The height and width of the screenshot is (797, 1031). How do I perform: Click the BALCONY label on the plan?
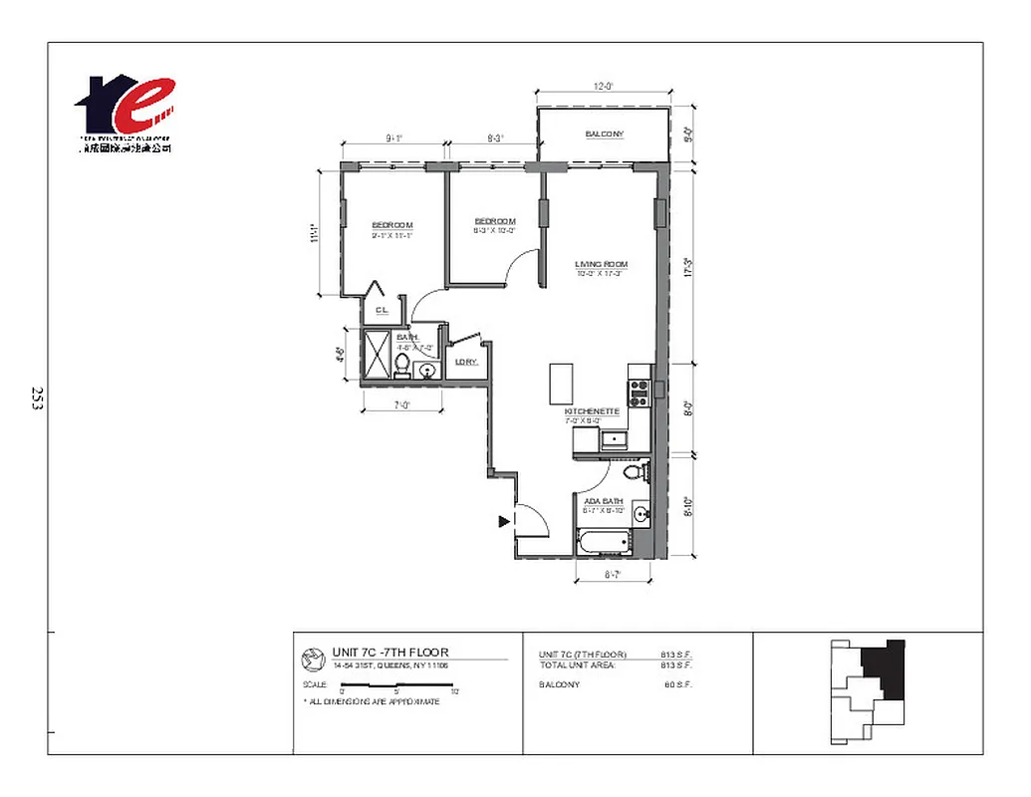coord(604,134)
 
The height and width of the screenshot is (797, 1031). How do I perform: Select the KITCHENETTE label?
coord(593,411)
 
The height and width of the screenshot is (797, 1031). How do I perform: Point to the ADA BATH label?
coord(605,502)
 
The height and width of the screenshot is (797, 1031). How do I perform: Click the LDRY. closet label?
coord(465,362)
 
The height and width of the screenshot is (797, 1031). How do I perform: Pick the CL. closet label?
coord(381,311)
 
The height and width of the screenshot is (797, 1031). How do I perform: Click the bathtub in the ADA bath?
coord(604,544)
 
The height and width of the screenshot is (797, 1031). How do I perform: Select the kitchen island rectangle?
coord(561,382)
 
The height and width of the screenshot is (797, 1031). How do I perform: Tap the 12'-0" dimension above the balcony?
coord(603,87)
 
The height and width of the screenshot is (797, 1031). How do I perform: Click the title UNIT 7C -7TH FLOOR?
coord(390,654)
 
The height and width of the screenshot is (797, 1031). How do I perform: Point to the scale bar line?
coord(398,684)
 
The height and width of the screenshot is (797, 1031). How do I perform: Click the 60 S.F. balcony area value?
coord(677,684)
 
